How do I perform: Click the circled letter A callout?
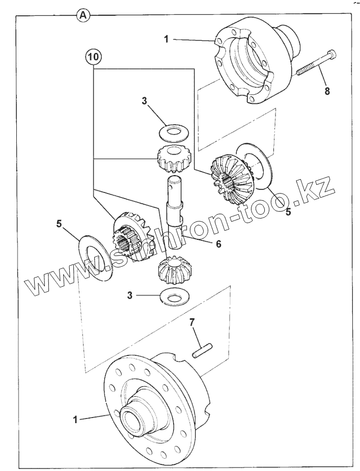click(84, 15)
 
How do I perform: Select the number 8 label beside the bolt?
click(327, 91)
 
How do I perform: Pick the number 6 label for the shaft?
click(218, 244)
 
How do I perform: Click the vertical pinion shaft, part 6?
click(174, 204)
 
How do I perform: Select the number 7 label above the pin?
click(192, 322)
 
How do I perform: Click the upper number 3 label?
click(145, 101)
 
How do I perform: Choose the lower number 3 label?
click(130, 295)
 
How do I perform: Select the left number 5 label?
click(59, 223)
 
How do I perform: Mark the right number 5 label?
click(288, 211)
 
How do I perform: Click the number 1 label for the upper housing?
click(165, 38)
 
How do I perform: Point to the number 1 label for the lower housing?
click(75, 420)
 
